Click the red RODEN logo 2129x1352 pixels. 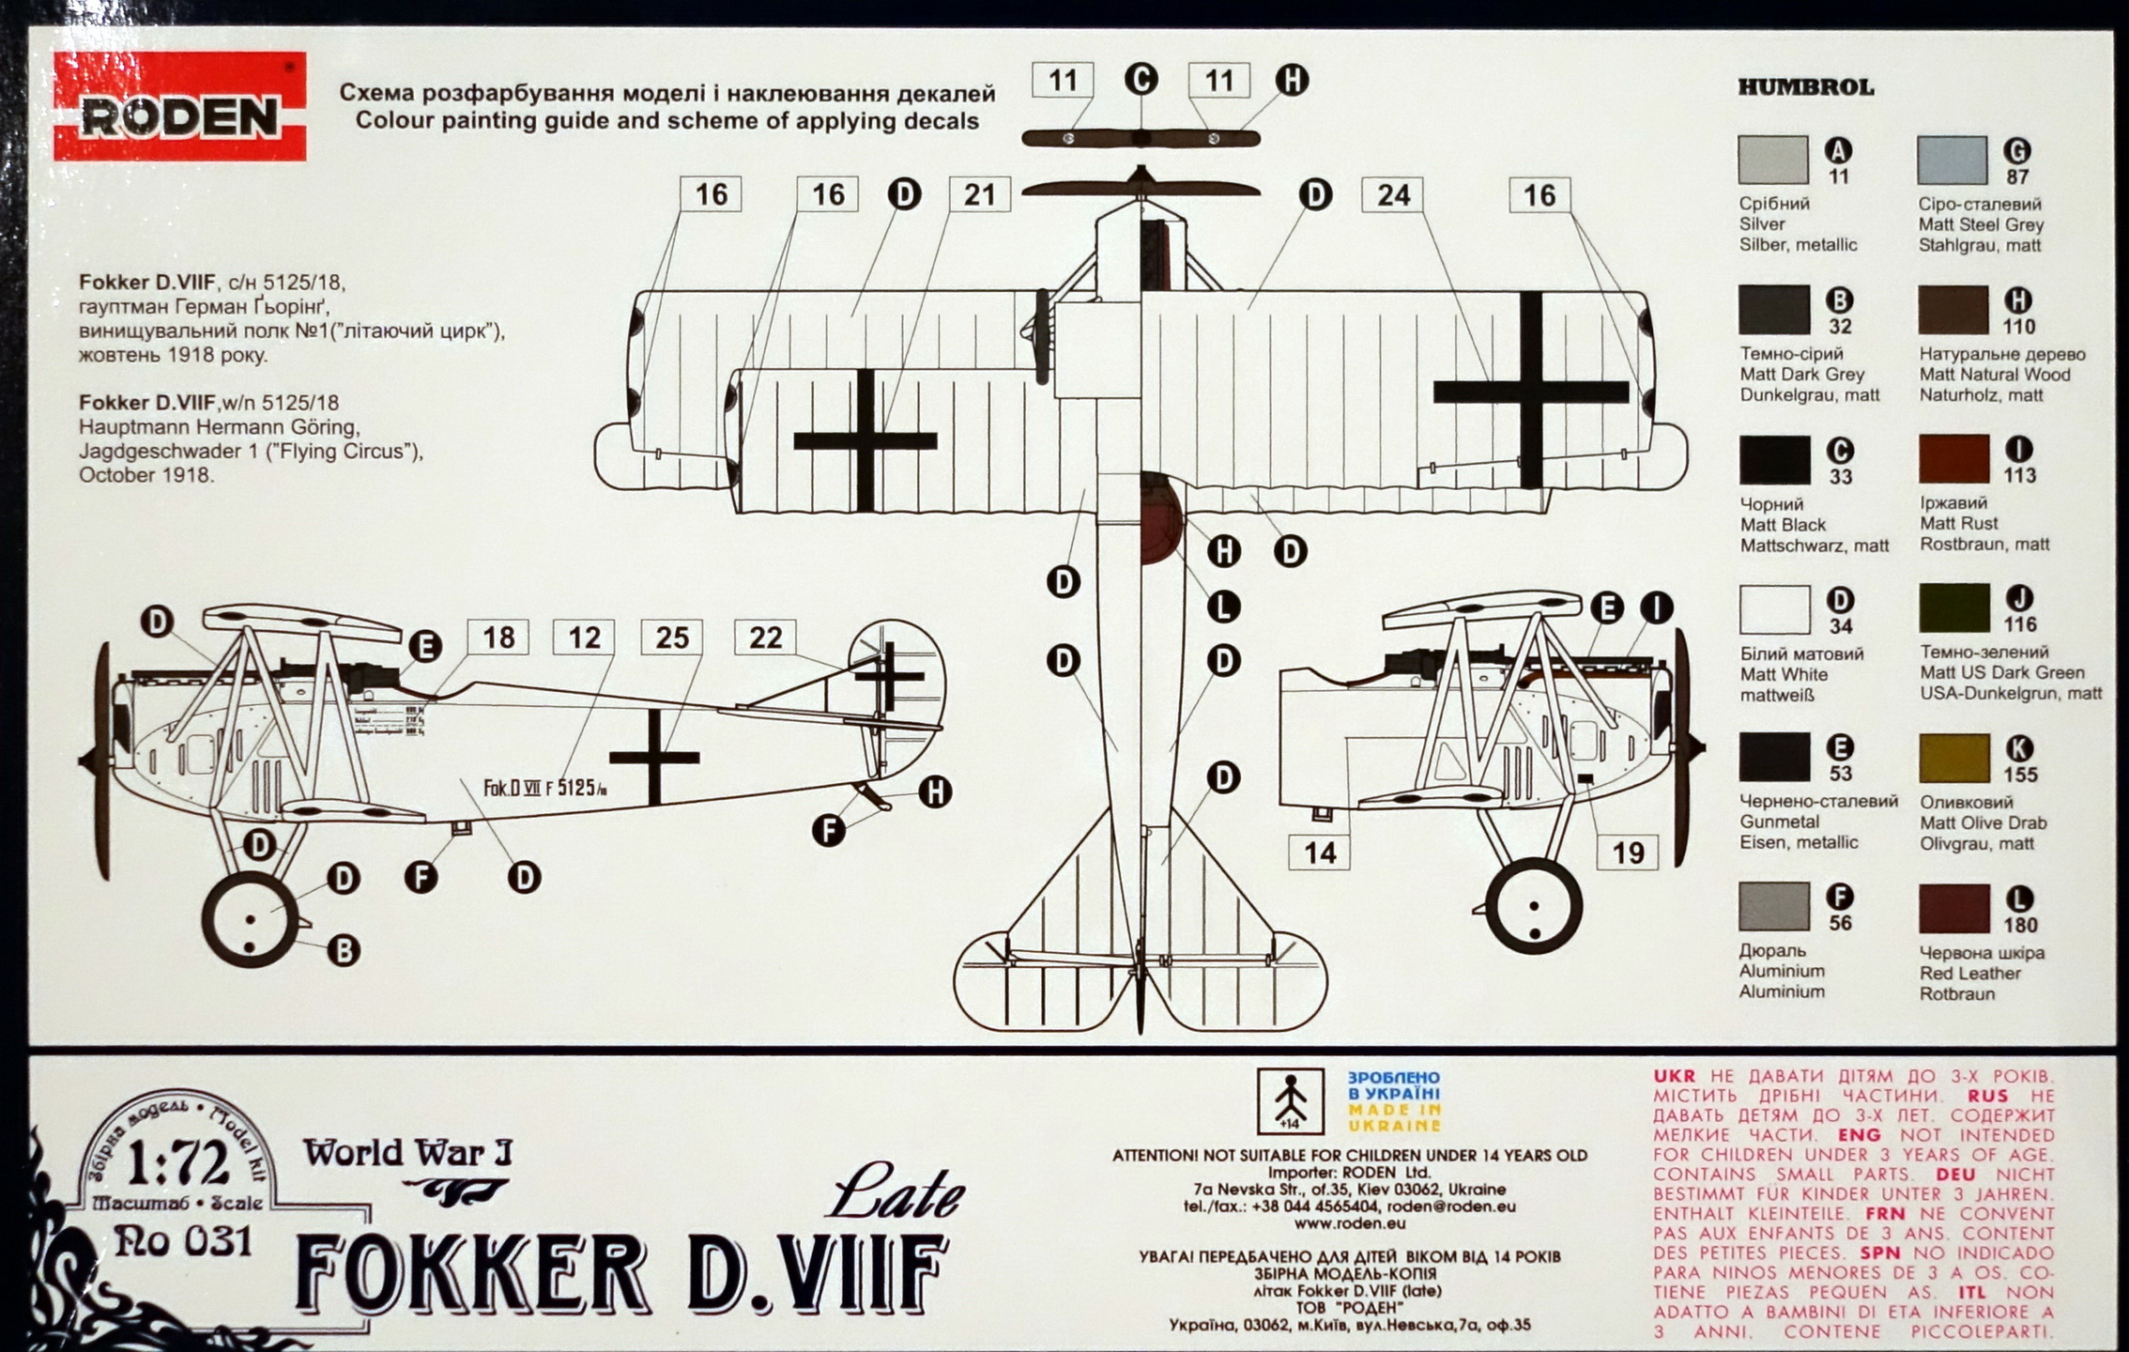179,107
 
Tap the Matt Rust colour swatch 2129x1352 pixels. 1953,459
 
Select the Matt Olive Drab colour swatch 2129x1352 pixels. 1953,759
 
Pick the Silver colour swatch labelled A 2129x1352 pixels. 1772,160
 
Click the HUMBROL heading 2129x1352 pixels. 1805,88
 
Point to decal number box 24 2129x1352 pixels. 1393,195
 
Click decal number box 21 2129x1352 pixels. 979,194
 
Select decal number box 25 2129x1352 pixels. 671,638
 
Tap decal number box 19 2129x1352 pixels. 1628,853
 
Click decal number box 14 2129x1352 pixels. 1320,853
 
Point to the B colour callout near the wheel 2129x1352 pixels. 344,951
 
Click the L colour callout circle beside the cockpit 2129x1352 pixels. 1222,607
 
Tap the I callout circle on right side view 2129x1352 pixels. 1657,607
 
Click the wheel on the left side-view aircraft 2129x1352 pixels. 250,919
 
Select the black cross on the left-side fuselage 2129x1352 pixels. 654,758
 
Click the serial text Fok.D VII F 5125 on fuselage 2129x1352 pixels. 544,789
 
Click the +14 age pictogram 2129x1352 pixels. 1290,1100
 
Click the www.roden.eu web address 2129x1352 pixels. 1349,1223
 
